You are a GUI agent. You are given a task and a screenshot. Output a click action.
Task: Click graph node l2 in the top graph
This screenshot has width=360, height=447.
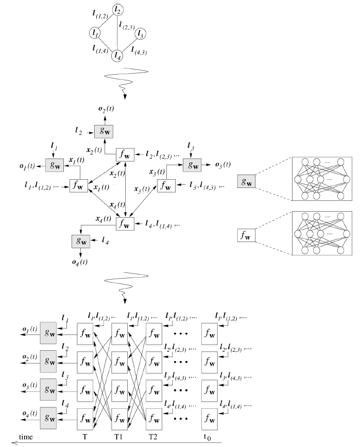tap(118, 9)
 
